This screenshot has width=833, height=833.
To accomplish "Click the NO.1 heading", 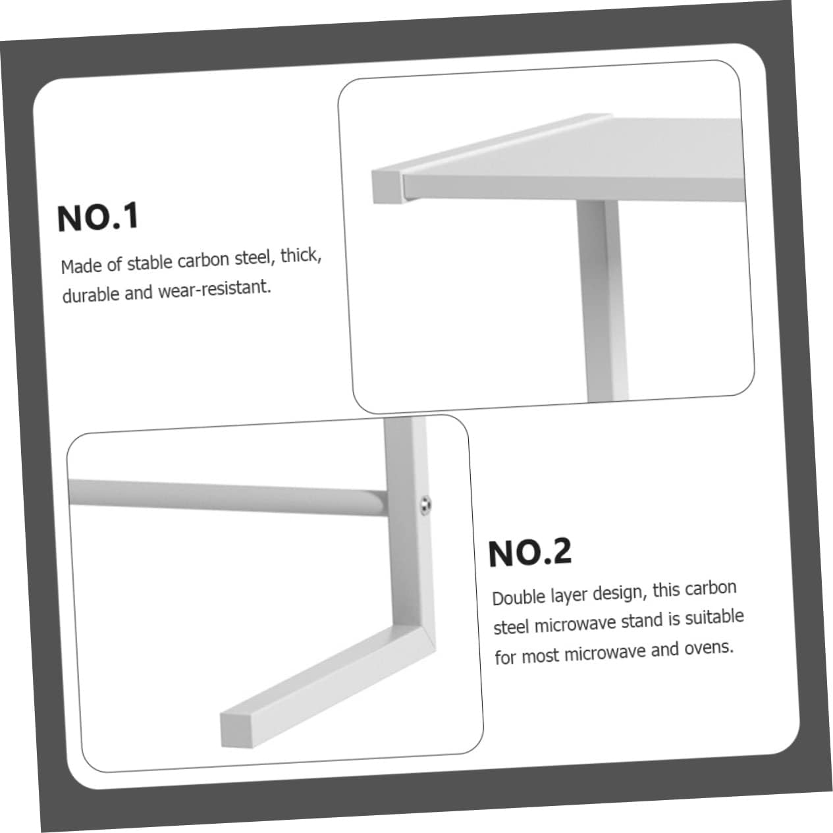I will pos(98,217).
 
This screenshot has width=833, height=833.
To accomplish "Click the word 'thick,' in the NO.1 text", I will pos(301,255).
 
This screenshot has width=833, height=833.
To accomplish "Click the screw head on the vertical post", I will pos(424,504).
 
